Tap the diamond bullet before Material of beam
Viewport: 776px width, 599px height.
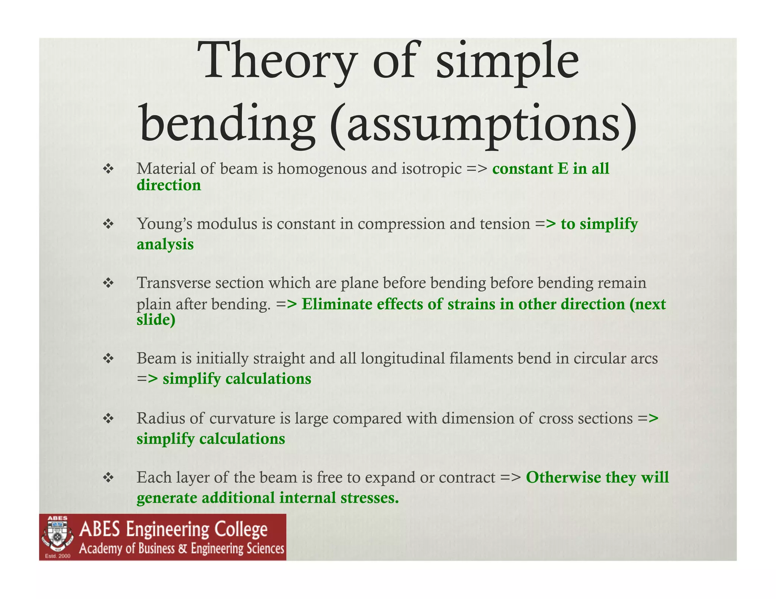108,168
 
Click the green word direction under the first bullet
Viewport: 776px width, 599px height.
169,185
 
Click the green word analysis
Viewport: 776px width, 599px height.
165,244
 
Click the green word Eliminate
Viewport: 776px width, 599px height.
336,304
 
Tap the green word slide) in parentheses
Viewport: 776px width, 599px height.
156,320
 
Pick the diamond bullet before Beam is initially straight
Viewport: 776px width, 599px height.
108,358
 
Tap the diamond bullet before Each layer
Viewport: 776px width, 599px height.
108,477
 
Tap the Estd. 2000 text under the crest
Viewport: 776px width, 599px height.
58,556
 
